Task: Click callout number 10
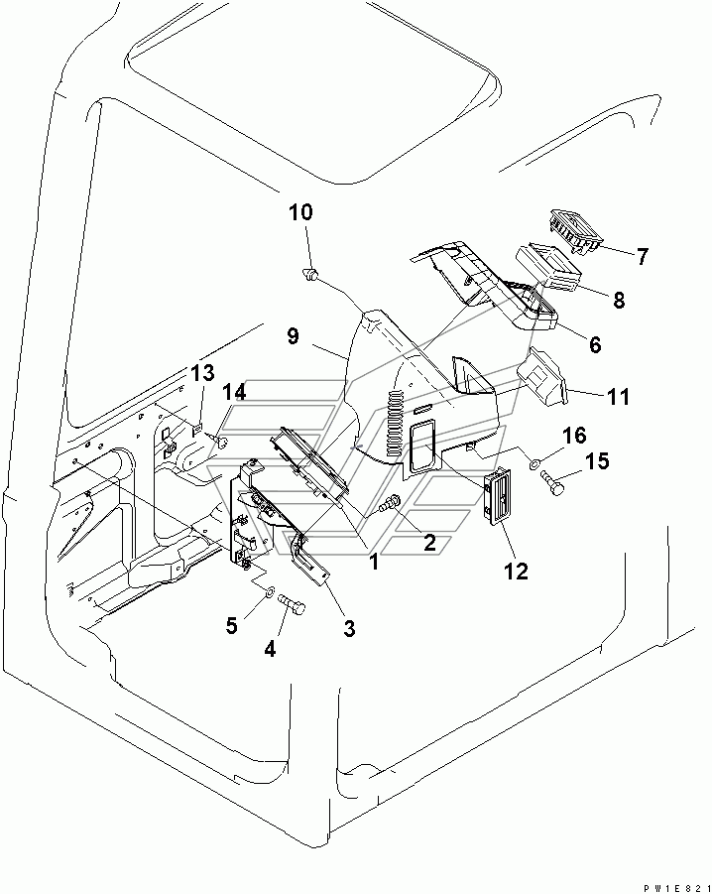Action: click(x=300, y=211)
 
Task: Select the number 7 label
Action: click(x=642, y=257)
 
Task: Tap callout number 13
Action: click(x=202, y=374)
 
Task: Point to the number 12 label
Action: click(x=516, y=571)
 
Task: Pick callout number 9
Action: click(x=294, y=336)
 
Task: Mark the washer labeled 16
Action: click(x=534, y=462)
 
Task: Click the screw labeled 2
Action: click(x=391, y=504)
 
